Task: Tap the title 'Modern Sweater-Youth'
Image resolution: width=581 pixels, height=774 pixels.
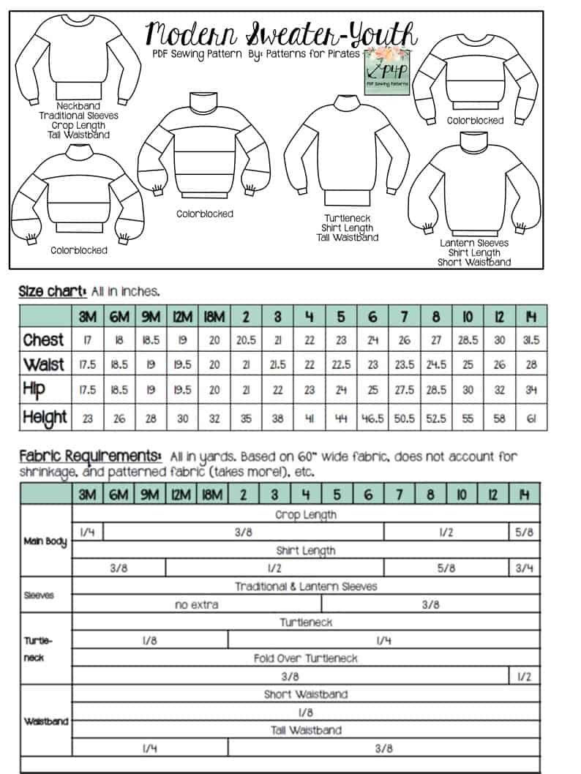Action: coord(282,33)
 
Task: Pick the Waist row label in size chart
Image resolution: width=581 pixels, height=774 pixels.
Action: coord(44,364)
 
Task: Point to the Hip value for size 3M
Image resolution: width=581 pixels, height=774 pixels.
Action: coord(87,390)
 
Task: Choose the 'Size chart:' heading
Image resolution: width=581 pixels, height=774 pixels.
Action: coord(53,291)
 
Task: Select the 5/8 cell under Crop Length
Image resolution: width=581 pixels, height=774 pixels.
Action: coord(524,533)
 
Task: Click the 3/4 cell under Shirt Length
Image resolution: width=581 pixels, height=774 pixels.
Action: coord(524,568)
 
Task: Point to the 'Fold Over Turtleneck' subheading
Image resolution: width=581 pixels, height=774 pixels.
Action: coord(306,658)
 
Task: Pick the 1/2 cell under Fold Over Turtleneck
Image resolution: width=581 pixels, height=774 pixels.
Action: coord(524,677)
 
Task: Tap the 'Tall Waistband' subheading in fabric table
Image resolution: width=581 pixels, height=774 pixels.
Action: coord(306,729)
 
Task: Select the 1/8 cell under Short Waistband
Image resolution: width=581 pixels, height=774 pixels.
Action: coord(306,712)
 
